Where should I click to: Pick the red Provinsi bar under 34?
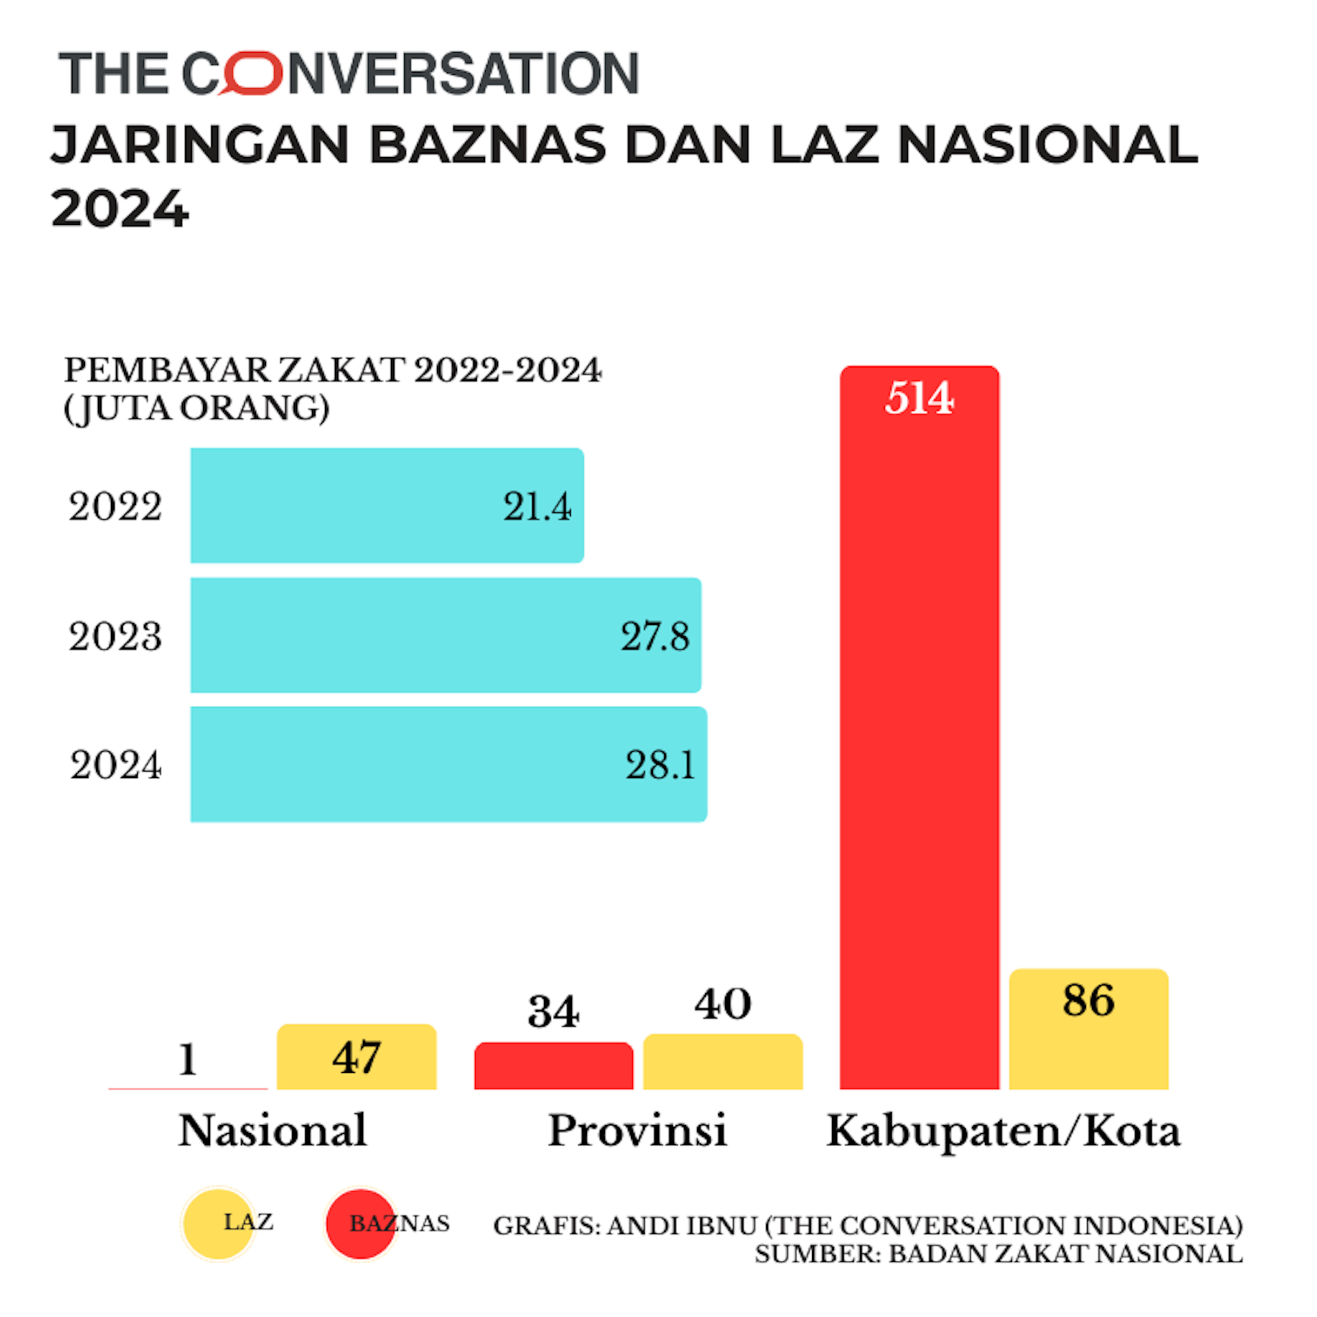(x=554, y=1067)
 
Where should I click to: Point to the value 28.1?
(x=660, y=765)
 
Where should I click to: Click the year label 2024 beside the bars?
(x=115, y=765)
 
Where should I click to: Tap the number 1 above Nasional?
(x=188, y=1059)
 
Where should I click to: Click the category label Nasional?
(x=272, y=1130)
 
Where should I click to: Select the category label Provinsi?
(x=637, y=1130)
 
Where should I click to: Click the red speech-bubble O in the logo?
(x=251, y=73)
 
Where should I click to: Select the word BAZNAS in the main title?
(x=488, y=145)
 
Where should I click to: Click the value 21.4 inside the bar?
(x=536, y=507)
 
